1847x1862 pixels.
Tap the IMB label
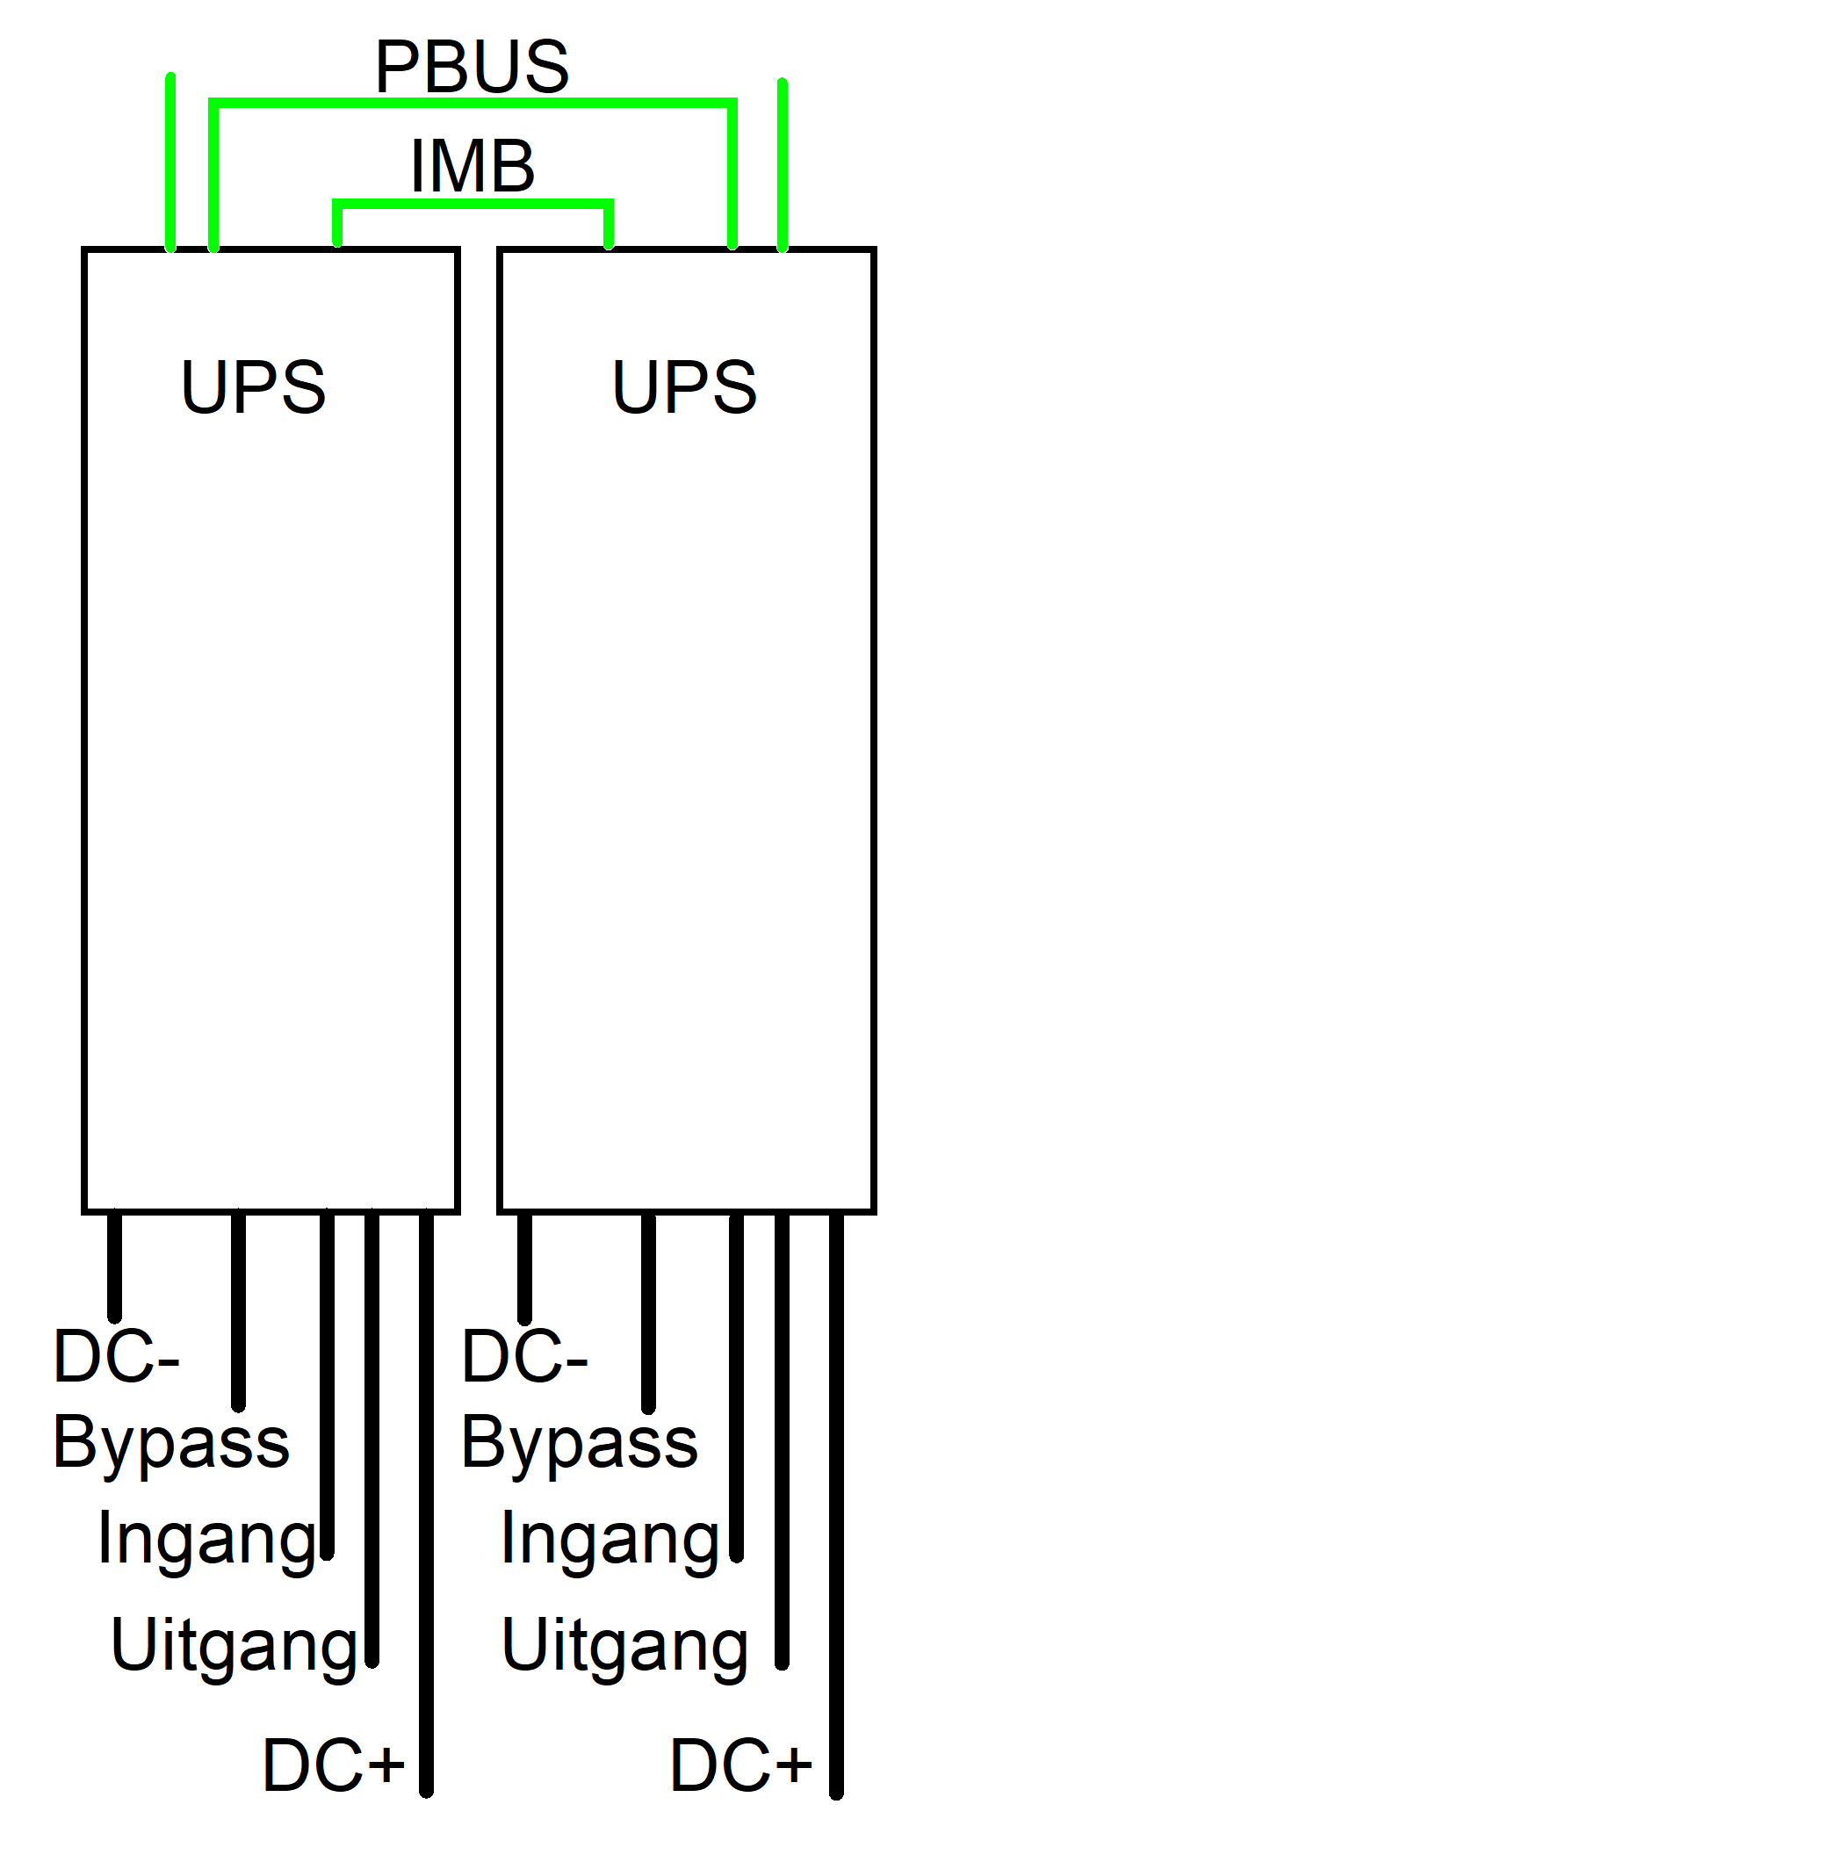(473, 166)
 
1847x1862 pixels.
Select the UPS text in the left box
(254, 386)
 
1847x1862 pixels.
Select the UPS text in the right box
(684, 386)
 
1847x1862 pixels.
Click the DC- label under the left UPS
(116, 1355)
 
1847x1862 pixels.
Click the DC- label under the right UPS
(524, 1355)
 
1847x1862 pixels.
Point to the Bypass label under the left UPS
(171, 1446)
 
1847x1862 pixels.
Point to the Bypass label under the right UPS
(579, 1446)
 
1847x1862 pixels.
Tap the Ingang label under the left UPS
(207, 1540)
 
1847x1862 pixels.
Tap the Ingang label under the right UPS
(610, 1540)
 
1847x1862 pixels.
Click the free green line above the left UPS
(170, 162)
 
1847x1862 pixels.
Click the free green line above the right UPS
(783, 165)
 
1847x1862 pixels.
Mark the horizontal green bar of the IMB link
(473, 204)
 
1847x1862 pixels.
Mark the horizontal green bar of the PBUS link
(473, 102)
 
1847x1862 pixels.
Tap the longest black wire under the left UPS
(426, 1505)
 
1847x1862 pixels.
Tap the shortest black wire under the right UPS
(524, 1267)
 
